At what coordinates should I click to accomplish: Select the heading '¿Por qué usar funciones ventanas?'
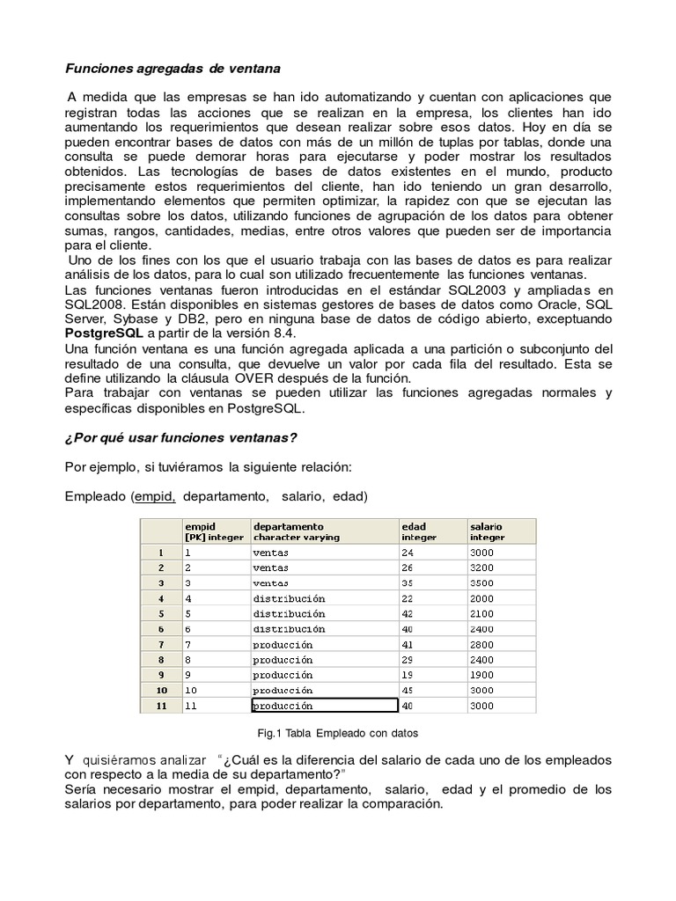[x=181, y=438]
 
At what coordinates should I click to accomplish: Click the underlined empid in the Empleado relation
[x=155, y=496]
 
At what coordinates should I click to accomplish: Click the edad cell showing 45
[x=408, y=690]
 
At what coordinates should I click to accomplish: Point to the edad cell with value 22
[x=408, y=598]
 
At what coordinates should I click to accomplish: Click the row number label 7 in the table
[x=161, y=645]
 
